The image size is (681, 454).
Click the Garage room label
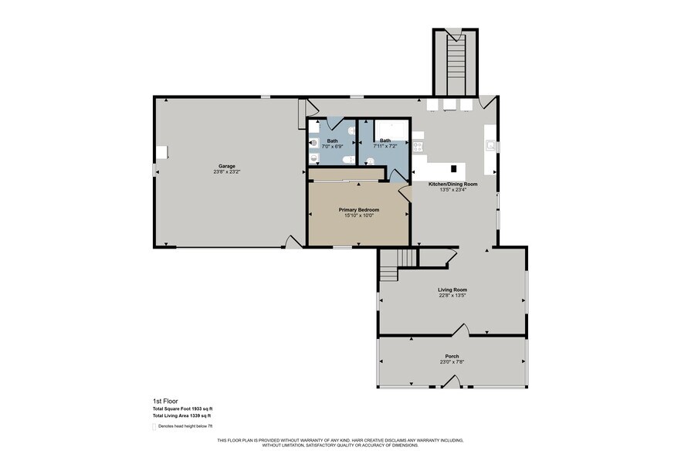[226, 166]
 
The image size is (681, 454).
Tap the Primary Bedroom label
[358, 209]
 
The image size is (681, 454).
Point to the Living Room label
[452, 290]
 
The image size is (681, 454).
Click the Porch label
[452, 356]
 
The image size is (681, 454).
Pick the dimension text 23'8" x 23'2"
[226, 171]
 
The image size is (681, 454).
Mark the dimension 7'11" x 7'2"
[385, 146]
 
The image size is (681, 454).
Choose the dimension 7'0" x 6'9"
[333, 146]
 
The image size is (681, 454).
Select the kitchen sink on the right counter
[490, 144]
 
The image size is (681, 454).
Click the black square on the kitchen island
[453, 168]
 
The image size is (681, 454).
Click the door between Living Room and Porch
[461, 332]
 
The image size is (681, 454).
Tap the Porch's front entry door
[452, 382]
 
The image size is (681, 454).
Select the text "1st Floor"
[164, 401]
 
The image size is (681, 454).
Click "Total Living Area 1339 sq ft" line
[182, 416]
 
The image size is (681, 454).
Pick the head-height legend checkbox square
[154, 426]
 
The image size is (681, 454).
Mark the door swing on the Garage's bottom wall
[293, 242]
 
